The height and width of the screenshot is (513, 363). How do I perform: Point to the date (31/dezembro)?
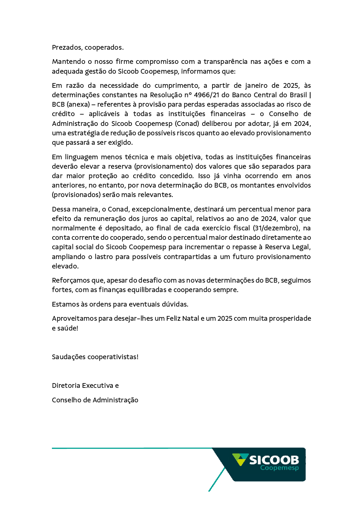[276, 228]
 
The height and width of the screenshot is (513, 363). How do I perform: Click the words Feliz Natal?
[183, 319]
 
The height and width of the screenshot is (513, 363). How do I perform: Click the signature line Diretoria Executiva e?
[85, 386]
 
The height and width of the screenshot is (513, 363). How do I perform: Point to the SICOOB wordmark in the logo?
[274, 460]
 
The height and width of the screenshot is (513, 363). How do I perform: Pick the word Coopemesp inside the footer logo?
[279, 468]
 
